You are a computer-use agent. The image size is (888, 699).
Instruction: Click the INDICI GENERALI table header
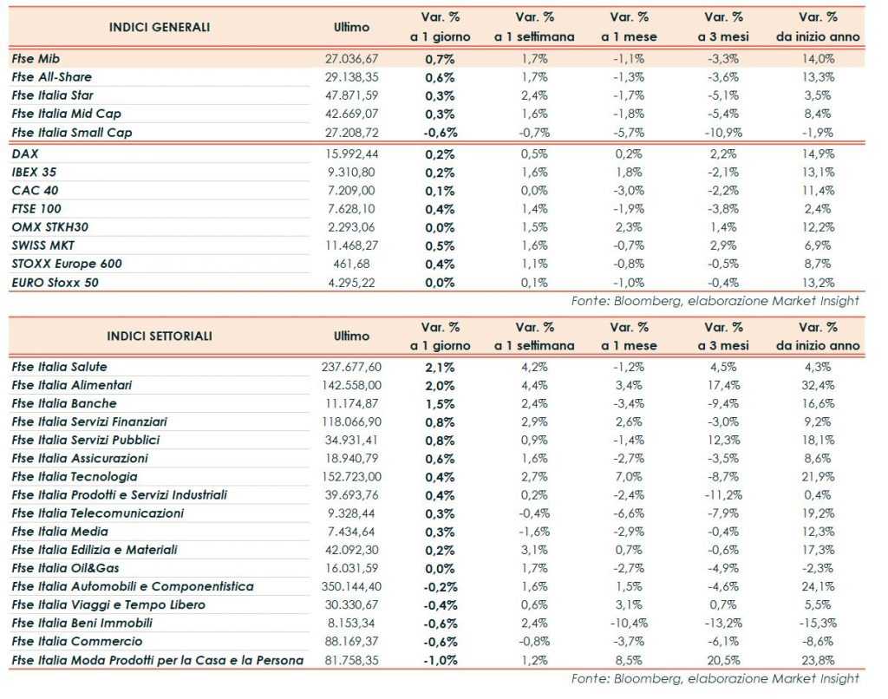160,27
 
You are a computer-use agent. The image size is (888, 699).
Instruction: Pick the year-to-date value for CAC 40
819,190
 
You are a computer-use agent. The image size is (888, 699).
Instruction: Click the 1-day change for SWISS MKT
441,245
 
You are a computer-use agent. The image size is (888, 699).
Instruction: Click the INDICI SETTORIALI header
160,336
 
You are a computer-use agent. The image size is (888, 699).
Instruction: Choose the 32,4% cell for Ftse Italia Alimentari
819,385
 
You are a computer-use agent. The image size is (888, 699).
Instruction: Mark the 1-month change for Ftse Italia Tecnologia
629,477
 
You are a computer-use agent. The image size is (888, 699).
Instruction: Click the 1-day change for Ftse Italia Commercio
441,642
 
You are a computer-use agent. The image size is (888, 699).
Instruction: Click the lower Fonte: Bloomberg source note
715,678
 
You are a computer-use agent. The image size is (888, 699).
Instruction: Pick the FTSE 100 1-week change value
535,209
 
